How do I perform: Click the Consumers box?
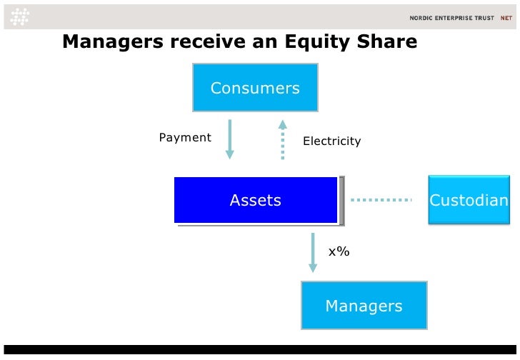[x=255, y=89]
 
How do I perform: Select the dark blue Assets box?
[x=256, y=201]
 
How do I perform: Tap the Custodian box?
[x=469, y=201]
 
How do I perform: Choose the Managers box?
[x=364, y=306]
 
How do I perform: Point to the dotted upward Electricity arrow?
[x=282, y=139]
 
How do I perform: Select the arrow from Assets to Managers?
[x=312, y=252]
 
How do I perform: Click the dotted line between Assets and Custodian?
[x=382, y=200]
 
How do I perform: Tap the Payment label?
[x=185, y=137]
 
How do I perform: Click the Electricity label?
[x=331, y=141]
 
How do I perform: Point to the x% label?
[x=339, y=251]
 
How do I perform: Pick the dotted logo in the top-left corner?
[x=19, y=16]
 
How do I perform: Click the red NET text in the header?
[x=506, y=18]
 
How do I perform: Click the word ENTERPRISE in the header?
[x=453, y=18]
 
